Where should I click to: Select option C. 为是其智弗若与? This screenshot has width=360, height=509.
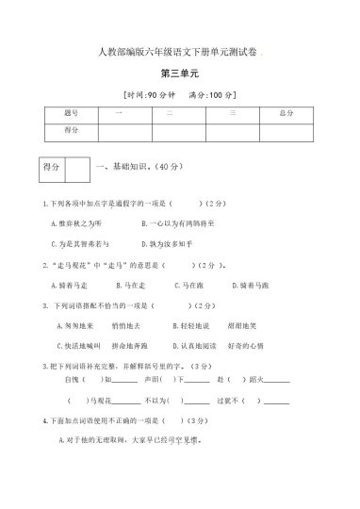79,243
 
